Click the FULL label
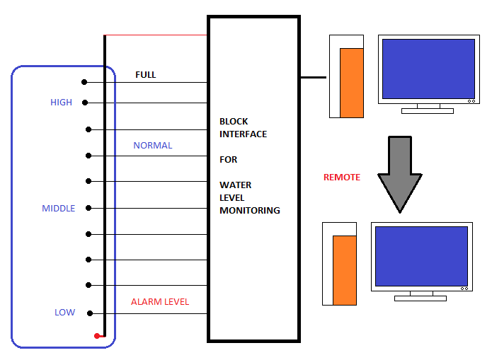point(146,75)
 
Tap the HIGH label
point(61,103)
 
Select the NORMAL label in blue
point(153,146)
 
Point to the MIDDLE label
point(58,209)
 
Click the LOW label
point(64,313)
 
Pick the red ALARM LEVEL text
point(160,302)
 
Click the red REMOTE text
point(342,178)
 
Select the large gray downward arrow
point(400,173)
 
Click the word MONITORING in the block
point(250,211)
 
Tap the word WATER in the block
point(235,185)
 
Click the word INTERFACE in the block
point(244,134)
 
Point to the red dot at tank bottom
point(97,336)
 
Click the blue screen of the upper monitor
point(428,69)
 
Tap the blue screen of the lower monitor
point(421,256)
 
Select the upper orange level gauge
point(352,83)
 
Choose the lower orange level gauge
point(345,269)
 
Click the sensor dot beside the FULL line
point(84,83)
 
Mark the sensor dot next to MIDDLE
point(88,208)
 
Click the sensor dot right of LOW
point(90,313)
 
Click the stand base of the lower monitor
point(421,298)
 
